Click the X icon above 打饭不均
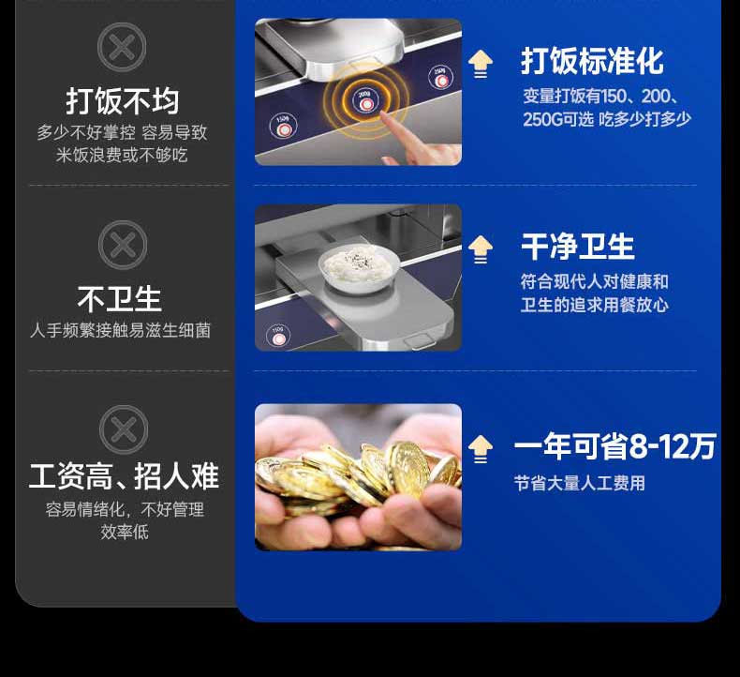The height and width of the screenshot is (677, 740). [x=123, y=47]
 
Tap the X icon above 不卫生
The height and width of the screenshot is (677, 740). [x=123, y=246]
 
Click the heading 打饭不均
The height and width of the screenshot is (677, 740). [x=123, y=100]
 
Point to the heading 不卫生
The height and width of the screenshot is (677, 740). [x=120, y=299]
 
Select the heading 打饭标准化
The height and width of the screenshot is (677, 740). [x=592, y=62]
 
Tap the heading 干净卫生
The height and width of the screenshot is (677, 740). [x=578, y=247]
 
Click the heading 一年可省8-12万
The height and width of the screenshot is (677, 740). [x=614, y=447]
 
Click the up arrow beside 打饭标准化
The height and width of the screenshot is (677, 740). [x=481, y=64]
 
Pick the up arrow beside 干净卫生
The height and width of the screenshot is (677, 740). [x=481, y=248]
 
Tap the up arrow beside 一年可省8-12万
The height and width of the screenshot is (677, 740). [x=481, y=449]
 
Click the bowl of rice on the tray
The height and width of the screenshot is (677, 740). [x=357, y=265]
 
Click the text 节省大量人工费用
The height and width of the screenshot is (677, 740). [x=579, y=484]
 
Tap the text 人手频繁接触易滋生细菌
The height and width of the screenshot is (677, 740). [x=121, y=331]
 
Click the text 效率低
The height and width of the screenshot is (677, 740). [x=125, y=533]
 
